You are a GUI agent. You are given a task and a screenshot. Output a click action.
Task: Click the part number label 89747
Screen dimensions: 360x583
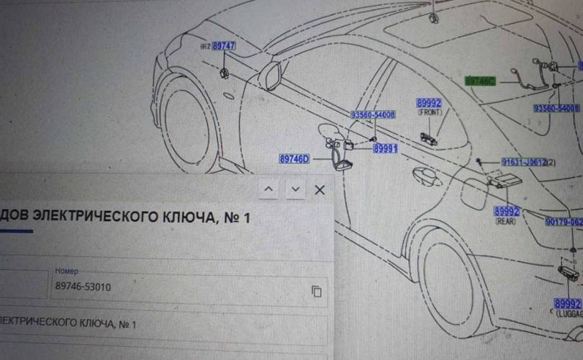[x=224, y=46]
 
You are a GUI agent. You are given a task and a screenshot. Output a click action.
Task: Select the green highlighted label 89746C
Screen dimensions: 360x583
[x=481, y=81]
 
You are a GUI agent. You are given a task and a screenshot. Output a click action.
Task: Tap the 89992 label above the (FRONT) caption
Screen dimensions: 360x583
[x=429, y=104]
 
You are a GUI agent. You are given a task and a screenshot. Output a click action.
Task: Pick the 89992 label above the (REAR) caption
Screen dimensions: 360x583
[x=507, y=212]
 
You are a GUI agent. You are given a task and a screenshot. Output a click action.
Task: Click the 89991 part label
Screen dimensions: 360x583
[x=385, y=148]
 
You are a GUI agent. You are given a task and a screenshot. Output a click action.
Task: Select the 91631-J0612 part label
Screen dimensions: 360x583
[x=525, y=163]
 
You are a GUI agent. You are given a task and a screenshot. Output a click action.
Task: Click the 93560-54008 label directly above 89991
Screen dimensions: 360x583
[x=373, y=115]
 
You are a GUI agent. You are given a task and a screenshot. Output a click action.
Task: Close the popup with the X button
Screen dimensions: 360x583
[x=320, y=189]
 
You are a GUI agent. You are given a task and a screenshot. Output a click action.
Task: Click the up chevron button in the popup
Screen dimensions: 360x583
[x=268, y=189]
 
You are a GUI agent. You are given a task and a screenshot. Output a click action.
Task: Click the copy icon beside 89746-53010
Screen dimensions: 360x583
[x=316, y=291]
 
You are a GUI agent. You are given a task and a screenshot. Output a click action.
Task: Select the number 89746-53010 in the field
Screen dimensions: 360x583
[x=83, y=287]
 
